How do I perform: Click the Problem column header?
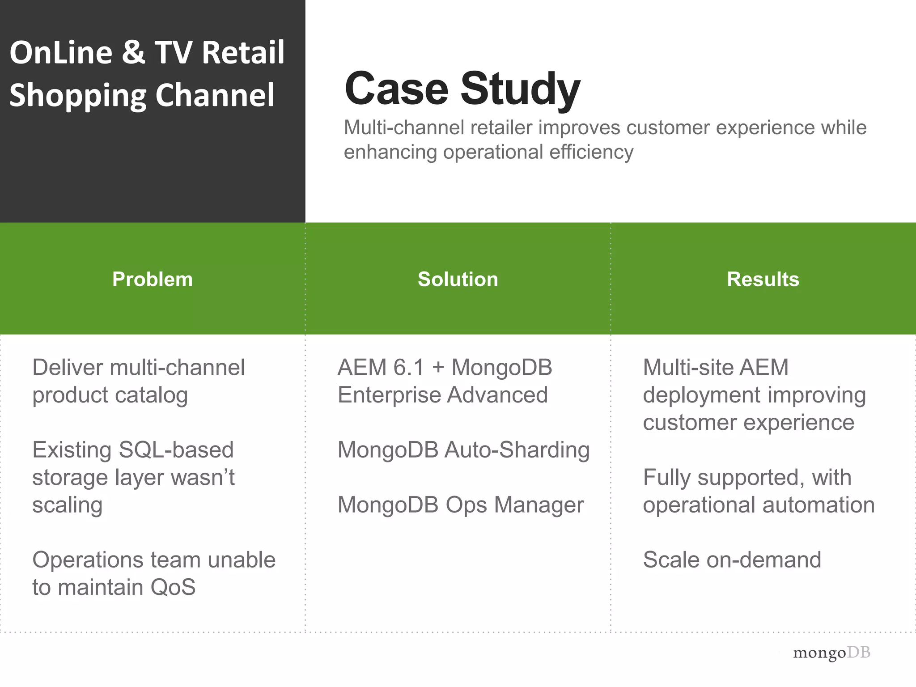tap(153, 280)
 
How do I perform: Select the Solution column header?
tap(458, 280)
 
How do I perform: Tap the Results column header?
tap(763, 280)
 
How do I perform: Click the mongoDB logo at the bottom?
tap(831, 653)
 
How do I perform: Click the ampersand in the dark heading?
tap(133, 52)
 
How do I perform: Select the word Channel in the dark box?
tap(215, 95)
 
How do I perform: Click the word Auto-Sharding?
tap(517, 450)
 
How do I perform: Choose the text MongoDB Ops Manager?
tap(461, 505)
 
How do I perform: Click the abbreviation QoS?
tap(173, 587)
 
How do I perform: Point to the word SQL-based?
tap(176, 450)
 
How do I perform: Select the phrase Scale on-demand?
tap(732, 560)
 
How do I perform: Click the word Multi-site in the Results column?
tap(687, 368)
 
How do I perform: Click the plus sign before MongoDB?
tap(438, 368)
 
